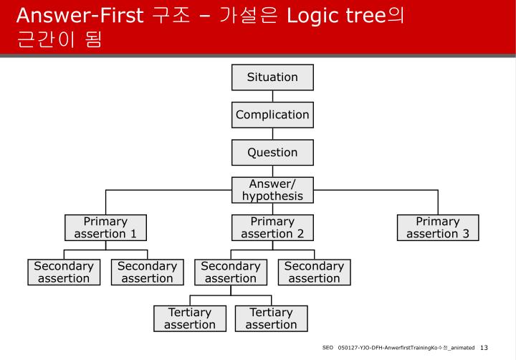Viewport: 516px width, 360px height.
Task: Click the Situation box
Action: coord(272,77)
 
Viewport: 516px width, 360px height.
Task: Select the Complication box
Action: coord(272,115)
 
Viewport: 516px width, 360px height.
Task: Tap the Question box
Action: coord(272,153)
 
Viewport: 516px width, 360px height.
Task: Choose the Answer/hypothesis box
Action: coord(272,190)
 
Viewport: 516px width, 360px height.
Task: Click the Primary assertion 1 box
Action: coord(105,227)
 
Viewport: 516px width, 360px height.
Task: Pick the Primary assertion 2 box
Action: coord(272,227)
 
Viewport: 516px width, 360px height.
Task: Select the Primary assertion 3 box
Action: coord(438,227)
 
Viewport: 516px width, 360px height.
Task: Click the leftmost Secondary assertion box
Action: coord(64,273)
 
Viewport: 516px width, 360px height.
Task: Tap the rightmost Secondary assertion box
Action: coord(314,273)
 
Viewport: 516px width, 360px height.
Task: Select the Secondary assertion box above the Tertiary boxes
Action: coord(231,273)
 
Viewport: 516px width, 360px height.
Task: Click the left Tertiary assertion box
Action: coord(190,318)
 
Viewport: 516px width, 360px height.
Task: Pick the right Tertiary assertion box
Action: coord(272,318)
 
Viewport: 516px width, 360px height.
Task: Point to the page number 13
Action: coord(484,348)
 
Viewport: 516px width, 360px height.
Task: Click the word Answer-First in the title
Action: coord(80,15)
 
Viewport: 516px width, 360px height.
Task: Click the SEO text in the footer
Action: coord(328,349)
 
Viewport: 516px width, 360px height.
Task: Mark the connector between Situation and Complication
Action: coord(272,96)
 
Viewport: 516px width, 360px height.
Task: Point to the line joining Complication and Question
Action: coord(272,133)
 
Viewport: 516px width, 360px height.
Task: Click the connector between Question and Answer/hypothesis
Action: coord(272,171)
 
